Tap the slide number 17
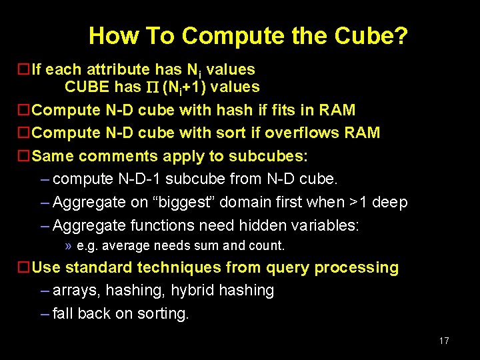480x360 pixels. click(x=444, y=341)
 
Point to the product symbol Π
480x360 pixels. click(x=152, y=87)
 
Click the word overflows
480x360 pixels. click(x=298, y=133)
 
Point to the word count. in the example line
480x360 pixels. click(x=266, y=246)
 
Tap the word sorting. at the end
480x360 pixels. click(x=163, y=314)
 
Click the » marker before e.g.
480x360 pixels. click(x=69, y=246)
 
